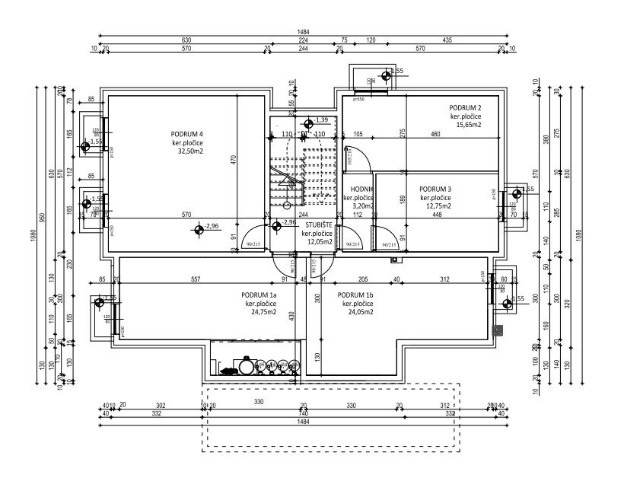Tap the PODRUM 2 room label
pos(466,107)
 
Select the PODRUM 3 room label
pos(436,188)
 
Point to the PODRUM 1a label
pos(259,295)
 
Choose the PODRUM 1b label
pos(355,295)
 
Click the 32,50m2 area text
pos(192,151)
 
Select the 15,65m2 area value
pos(470,125)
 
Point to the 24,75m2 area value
pos(259,312)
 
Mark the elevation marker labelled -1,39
pos(308,123)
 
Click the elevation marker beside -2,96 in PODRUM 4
pos(199,228)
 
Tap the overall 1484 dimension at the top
pos(308,32)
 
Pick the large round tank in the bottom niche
pos(247,366)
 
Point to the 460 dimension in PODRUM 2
pos(435,135)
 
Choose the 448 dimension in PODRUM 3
pos(437,214)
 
